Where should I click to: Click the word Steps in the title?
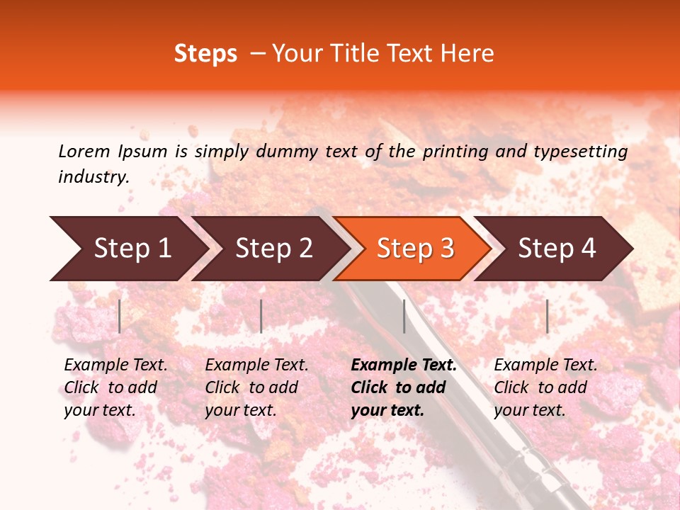tap(205, 54)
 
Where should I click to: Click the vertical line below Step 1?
tap(120, 316)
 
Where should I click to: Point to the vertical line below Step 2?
tap(261, 316)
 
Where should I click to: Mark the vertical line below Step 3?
tap(404, 316)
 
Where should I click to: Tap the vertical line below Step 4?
tap(547, 316)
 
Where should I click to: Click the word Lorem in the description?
tap(84, 151)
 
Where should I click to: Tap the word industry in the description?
tap(93, 177)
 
